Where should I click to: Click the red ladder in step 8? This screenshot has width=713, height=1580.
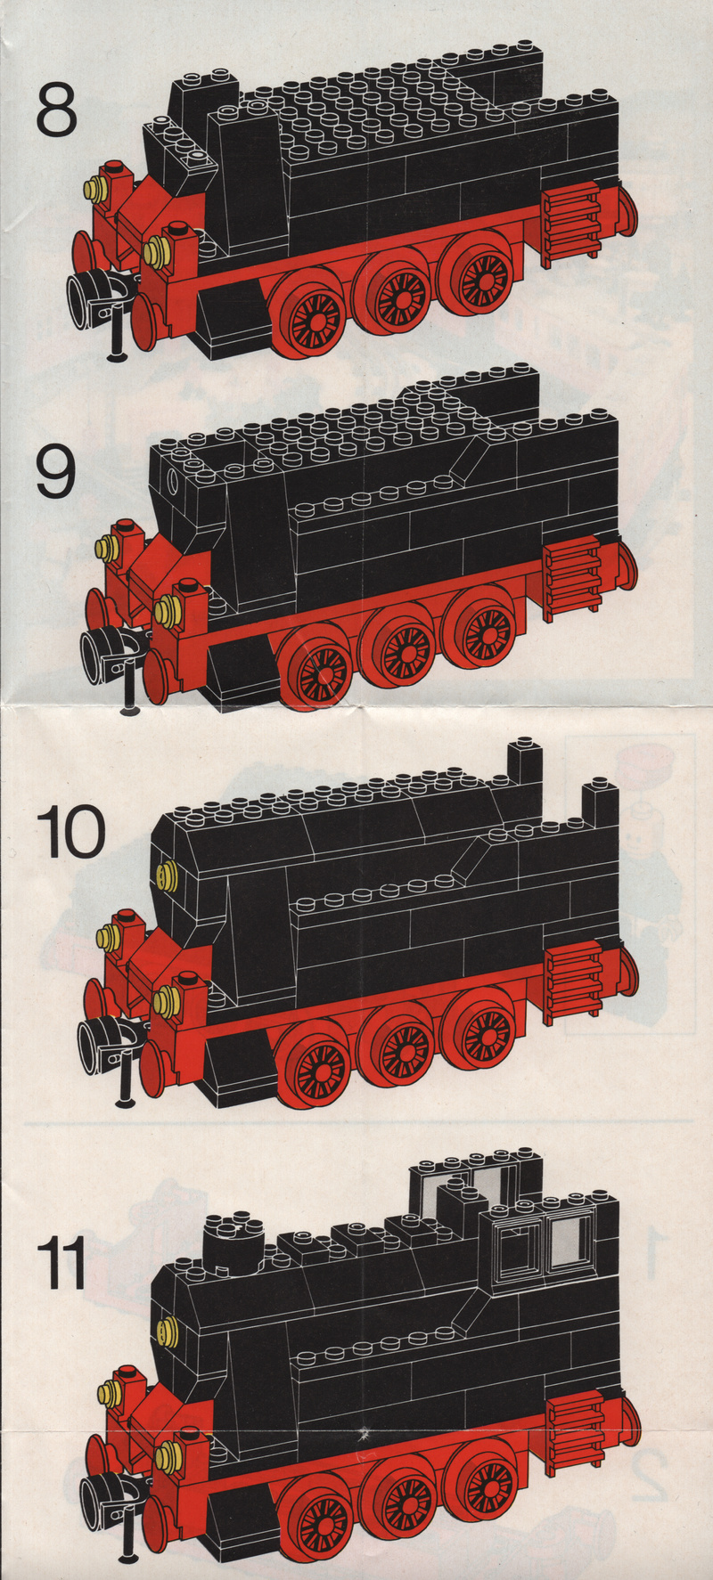point(570,223)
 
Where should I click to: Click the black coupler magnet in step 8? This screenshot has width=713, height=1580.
point(94,295)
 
